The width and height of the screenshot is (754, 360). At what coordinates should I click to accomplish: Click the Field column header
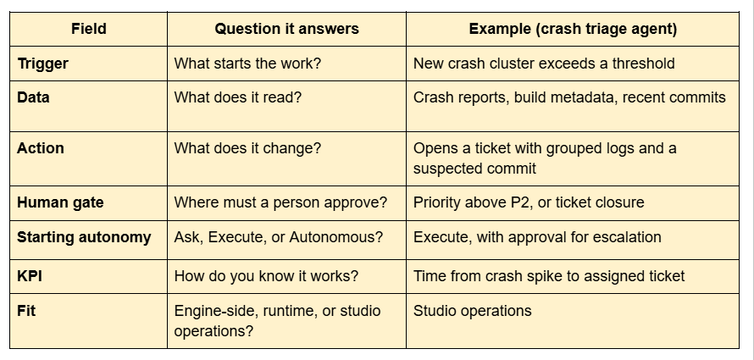[x=88, y=29]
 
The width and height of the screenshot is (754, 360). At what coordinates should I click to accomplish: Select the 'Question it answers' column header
[x=286, y=29]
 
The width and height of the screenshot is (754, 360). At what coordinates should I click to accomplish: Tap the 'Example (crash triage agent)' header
[x=573, y=29]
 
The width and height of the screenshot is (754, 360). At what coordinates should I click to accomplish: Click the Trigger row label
[x=43, y=64]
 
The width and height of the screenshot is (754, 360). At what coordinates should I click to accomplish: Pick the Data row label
[x=33, y=97]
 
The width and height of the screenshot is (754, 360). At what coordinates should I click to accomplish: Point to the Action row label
[x=41, y=148]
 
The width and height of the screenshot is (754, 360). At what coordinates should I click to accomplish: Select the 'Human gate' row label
[x=60, y=202]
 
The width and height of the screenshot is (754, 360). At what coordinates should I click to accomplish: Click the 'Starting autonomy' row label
[x=84, y=237]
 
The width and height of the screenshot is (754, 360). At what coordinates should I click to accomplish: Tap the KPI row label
[x=30, y=276]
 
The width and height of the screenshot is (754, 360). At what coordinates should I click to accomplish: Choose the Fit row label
[x=26, y=311]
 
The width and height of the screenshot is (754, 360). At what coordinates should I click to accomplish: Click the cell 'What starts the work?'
[x=247, y=64]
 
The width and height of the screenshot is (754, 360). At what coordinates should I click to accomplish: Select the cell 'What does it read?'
[x=237, y=97]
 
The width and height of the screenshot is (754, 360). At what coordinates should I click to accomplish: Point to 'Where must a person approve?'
[x=280, y=202]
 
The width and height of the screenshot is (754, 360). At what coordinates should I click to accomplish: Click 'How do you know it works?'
[x=266, y=276]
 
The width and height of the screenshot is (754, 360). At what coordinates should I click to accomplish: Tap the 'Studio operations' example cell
[x=472, y=311]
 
